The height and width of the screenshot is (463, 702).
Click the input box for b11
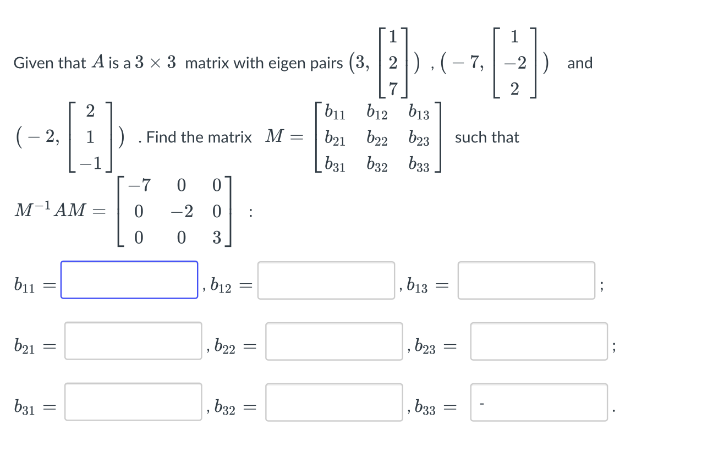coord(129,280)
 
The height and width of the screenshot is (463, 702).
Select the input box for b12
coord(326,280)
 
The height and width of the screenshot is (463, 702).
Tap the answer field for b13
coord(526,280)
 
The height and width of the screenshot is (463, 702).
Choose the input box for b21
coord(133,341)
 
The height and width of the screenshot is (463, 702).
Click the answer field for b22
coord(334,341)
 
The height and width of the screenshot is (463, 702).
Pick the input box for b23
coord(539,341)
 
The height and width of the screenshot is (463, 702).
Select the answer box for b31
coord(133,402)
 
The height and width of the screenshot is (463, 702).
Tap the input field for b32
coord(334,403)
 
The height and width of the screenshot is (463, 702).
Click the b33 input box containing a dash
coord(539,403)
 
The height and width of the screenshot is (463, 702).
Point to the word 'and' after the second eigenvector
coord(580,63)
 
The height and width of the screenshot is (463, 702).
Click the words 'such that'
coord(487,137)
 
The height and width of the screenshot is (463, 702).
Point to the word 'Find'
coord(162,137)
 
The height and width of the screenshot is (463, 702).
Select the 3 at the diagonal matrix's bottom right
coord(217,238)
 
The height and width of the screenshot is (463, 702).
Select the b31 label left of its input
coord(25,408)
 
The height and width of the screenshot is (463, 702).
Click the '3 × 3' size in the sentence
coord(156,63)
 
